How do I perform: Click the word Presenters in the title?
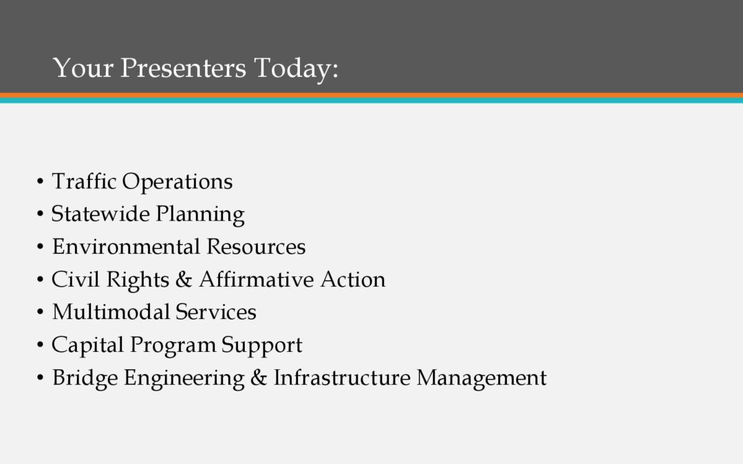tap(184, 67)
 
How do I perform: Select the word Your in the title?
tap(83, 67)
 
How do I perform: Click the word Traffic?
tap(84, 181)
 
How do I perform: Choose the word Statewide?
tap(100, 214)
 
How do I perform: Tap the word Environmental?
tap(126, 246)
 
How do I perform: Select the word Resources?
tap(256, 246)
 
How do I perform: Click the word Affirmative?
tap(257, 279)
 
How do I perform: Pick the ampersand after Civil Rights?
tap(184, 279)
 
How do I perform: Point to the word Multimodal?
tap(111, 311)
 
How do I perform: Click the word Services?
tap(215, 311)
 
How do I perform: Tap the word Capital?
tap(87, 344)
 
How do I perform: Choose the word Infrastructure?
tap(342, 377)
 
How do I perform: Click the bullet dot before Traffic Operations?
tap(41, 181)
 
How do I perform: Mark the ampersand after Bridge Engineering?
tap(259, 377)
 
